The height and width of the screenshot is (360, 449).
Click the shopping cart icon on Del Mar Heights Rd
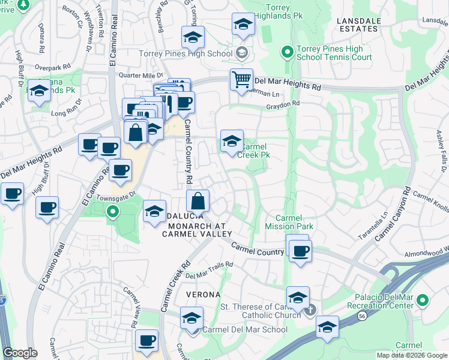(x=241, y=79)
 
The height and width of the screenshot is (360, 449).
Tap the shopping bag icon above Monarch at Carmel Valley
(x=197, y=200)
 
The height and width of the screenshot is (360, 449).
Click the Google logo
(x=20, y=353)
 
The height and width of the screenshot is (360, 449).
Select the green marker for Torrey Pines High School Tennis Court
(x=287, y=52)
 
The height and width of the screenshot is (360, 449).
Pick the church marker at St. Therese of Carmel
(x=310, y=310)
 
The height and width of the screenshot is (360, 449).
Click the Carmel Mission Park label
(x=289, y=222)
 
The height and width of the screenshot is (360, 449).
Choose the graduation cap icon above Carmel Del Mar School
(x=192, y=317)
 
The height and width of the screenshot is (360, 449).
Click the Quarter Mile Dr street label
(x=140, y=75)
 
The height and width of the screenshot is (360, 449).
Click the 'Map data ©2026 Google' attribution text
(x=411, y=355)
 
